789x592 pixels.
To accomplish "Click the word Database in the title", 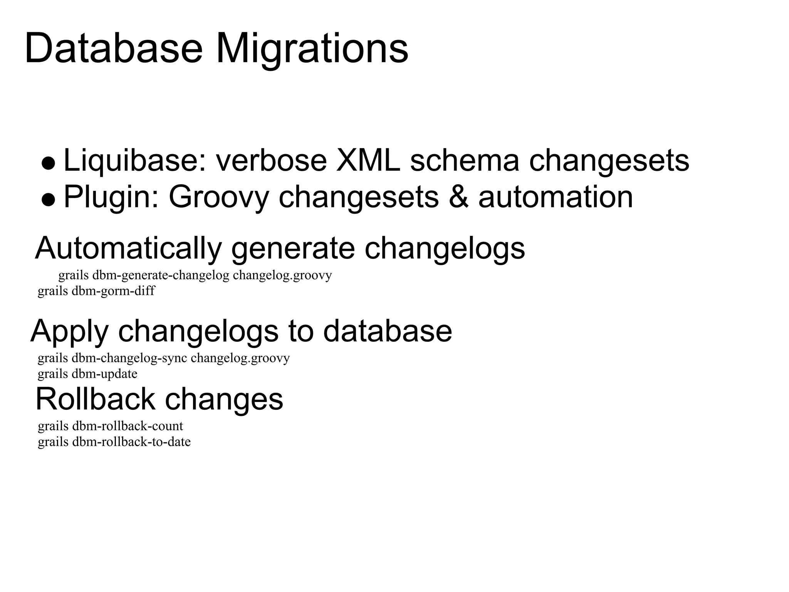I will click(x=114, y=49).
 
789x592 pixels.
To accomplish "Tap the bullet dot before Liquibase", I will click(x=49, y=163).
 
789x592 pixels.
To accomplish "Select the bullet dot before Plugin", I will click(x=49, y=200).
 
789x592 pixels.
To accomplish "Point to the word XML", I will click(x=368, y=160).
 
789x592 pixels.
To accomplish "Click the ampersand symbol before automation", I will click(x=459, y=197).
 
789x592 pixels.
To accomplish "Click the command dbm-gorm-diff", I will click(x=113, y=291).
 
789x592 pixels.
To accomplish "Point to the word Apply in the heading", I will click(x=69, y=331).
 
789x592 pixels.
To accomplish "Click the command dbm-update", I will click(x=104, y=374).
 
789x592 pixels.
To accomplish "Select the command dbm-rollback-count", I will click(x=128, y=426).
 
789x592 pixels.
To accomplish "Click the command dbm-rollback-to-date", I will click(x=131, y=442).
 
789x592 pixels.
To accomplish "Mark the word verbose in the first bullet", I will click(x=271, y=160).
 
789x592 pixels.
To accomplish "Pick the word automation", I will click(x=556, y=197).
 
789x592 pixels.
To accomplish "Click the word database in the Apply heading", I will click(x=387, y=331).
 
